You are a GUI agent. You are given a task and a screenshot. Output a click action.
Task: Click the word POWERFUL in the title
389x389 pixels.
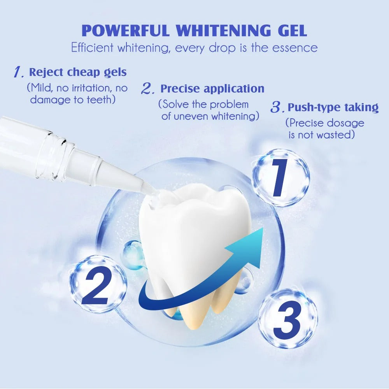tap(126, 30)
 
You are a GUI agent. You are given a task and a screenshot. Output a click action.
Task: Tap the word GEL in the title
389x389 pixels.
tap(292, 30)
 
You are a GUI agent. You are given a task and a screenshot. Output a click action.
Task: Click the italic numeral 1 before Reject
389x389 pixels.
tap(19, 72)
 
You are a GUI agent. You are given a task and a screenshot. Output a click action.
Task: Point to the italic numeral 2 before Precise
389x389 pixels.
tap(148, 88)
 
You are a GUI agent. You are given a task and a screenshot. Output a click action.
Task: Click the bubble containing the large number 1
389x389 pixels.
tap(280, 177)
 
